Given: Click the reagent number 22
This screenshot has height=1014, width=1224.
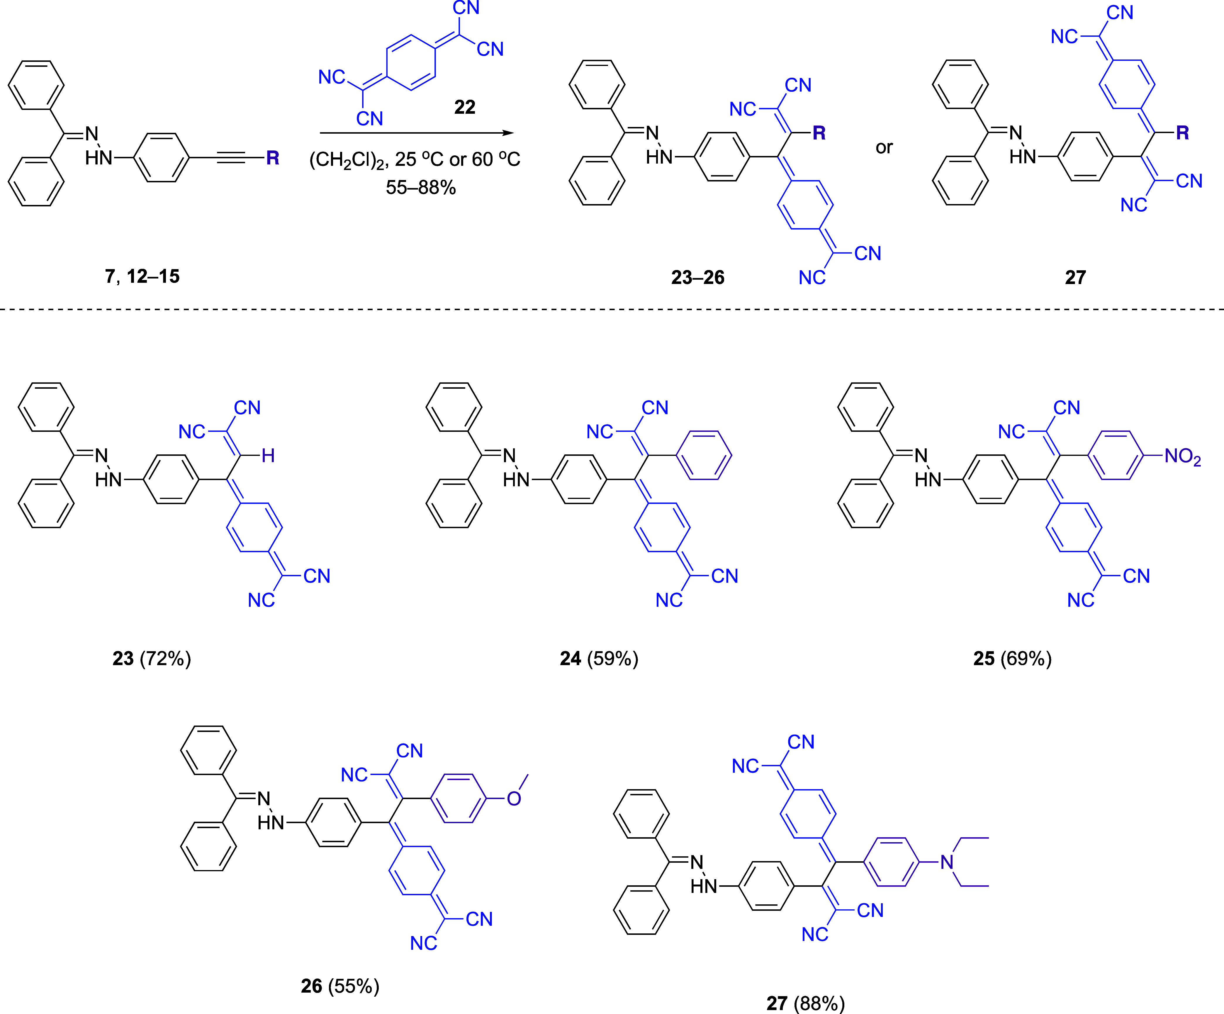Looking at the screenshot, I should [x=465, y=107].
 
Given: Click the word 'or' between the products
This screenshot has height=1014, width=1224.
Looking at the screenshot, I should [x=884, y=147].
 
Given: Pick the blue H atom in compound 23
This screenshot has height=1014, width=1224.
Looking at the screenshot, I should [x=268, y=456].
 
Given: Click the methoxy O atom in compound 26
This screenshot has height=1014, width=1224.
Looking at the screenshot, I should [x=514, y=798].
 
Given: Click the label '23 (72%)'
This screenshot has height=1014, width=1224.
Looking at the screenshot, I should [x=152, y=658].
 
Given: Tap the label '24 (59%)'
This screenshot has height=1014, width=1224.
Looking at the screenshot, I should [x=599, y=658].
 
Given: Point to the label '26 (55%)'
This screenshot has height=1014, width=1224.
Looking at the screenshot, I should [x=340, y=986].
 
